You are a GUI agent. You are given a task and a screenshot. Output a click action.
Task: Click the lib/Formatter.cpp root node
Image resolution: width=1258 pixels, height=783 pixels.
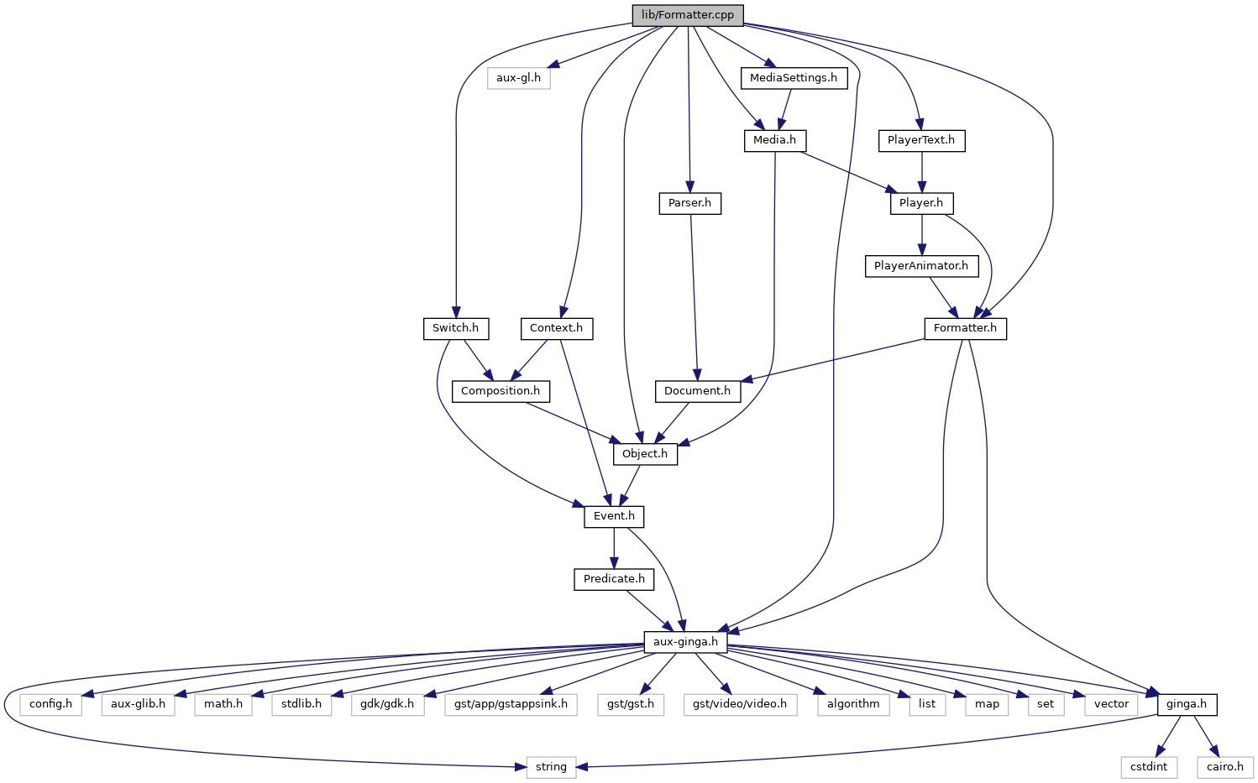(687, 15)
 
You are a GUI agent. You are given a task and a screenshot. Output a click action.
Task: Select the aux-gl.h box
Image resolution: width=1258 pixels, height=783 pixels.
(518, 78)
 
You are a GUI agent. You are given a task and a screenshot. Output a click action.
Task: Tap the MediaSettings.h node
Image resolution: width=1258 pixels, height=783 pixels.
(793, 78)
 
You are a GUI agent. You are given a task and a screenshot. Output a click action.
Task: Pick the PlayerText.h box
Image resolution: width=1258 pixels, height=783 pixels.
(921, 140)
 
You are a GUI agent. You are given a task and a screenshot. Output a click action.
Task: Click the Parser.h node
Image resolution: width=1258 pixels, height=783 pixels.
(689, 203)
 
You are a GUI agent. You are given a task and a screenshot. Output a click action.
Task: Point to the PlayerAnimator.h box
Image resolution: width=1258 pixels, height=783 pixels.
(920, 266)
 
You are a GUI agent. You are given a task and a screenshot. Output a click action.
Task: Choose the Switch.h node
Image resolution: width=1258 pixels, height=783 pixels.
(455, 328)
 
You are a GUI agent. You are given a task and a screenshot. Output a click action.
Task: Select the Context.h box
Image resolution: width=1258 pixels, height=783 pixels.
(556, 328)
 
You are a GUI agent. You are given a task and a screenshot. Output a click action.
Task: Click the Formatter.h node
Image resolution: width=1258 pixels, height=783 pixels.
(965, 328)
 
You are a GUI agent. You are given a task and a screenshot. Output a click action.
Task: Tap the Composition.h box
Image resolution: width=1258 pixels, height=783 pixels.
(501, 391)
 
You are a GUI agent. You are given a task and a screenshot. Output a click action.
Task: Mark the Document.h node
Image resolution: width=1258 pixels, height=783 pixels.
(697, 391)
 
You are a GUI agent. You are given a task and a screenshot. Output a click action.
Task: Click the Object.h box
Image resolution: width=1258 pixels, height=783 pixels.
(645, 454)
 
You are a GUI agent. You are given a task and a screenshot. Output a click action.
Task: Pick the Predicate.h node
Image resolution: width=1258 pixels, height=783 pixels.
(614, 579)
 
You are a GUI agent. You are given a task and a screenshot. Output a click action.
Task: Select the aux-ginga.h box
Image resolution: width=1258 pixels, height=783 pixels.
(685, 642)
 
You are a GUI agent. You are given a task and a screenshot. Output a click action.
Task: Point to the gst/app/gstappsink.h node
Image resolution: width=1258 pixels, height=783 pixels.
(511, 704)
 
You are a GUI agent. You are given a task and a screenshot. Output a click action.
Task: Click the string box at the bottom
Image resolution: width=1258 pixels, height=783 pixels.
(551, 767)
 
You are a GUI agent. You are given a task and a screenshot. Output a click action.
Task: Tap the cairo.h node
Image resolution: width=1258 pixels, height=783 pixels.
(1225, 767)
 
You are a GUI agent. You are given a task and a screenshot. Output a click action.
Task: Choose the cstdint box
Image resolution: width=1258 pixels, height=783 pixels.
(1148, 767)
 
